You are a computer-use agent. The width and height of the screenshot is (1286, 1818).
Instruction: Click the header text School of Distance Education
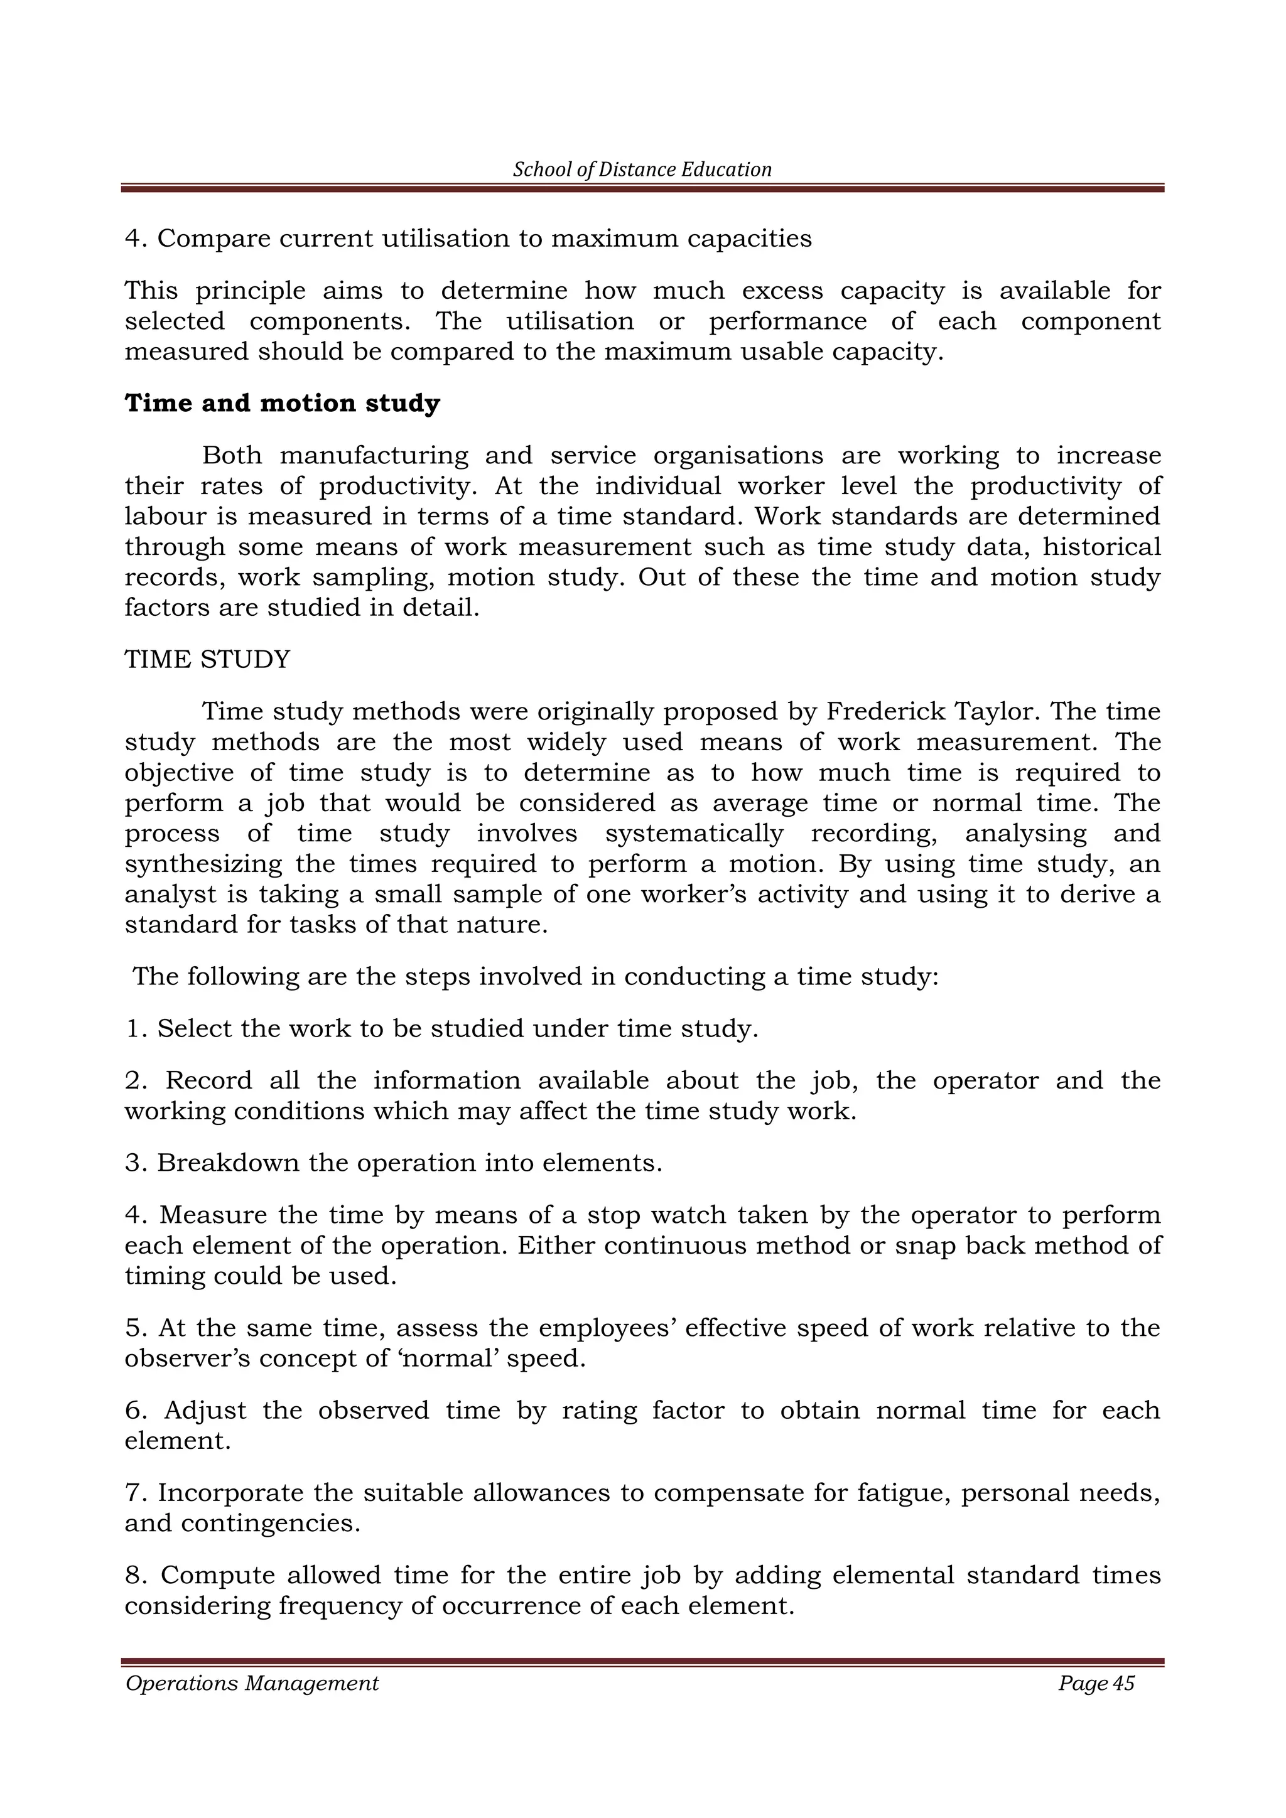(x=642, y=169)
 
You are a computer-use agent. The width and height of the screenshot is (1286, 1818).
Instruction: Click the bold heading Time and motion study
(x=282, y=403)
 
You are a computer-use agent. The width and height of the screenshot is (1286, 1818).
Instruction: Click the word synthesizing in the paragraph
(x=203, y=864)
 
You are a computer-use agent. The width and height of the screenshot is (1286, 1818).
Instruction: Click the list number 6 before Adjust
(x=132, y=1410)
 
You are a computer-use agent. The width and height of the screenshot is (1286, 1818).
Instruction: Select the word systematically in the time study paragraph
(x=694, y=833)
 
